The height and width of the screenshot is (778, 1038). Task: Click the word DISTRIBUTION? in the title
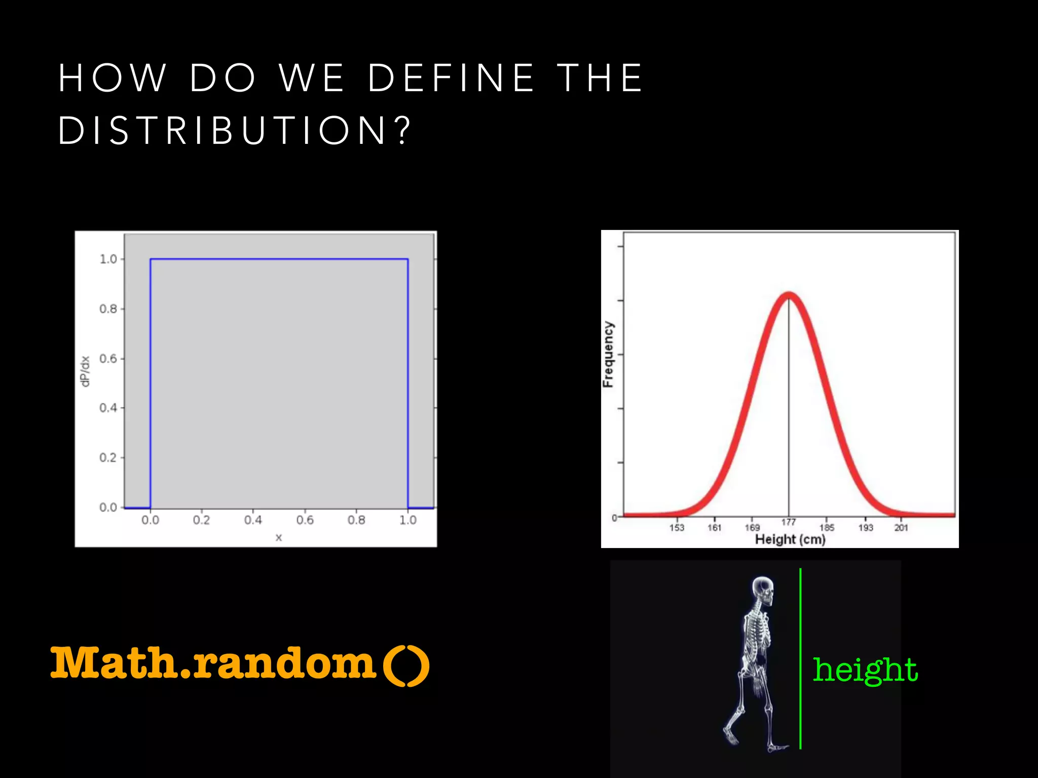[234, 131]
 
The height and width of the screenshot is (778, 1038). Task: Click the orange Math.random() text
[240, 664]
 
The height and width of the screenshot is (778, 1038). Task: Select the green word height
[865, 670]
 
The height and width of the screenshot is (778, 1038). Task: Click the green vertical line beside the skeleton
[800, 658]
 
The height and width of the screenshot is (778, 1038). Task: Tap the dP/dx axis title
[86, 371]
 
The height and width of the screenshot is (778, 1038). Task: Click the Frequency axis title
[608, 355]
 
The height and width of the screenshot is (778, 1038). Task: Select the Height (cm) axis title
[790, 539]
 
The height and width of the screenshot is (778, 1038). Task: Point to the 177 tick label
[789, 522]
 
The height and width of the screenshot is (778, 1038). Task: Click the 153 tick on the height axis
[677, 527]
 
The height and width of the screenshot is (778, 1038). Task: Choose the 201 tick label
[901, 527]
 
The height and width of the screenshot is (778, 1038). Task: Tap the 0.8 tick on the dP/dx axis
[108, 308]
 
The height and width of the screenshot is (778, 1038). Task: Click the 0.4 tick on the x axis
[253, 520]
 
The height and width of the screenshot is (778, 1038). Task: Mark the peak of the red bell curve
[789, 295]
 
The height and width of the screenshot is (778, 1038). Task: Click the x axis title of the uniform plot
[278, 537]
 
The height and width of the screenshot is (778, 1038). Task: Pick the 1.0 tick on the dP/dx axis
[108, 259]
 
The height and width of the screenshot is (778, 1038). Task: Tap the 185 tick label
[827, 527]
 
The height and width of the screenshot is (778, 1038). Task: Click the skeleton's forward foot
[778, 747]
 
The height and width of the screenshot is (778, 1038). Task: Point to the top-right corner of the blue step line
[407, 259]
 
